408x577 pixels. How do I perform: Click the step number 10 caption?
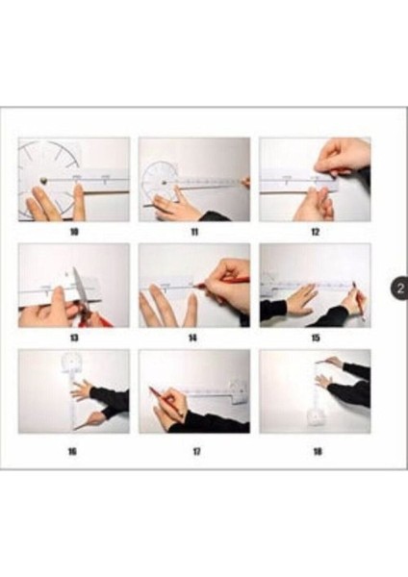[x=74, y=232]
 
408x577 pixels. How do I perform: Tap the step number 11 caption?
[x=194, y=232]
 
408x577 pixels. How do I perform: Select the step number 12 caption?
[x=316, y=232]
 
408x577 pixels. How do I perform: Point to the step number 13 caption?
[x=74, y=338]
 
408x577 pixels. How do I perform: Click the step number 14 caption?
[x=192, y=338]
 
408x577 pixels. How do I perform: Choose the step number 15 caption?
[x=316, y=338]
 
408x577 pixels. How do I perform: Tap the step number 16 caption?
[x=72, y=451]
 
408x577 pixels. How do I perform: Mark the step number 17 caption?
[x=197, y=451]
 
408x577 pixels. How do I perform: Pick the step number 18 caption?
[x=318, y=451]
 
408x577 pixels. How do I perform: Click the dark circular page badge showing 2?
[x=399, y=288]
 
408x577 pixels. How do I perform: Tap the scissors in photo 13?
[x=87, y=298]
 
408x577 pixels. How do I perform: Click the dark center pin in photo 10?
[x=44, y=181]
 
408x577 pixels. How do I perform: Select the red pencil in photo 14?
[x=221, y=282]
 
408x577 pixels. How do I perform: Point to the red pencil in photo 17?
[x=166, y=402]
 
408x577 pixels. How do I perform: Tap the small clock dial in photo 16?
[x=72, y=363]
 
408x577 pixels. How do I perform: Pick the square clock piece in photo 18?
[x=317, y=417]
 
